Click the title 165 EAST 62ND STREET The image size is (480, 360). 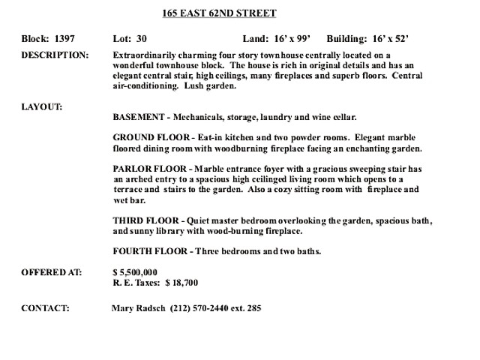[219, 13]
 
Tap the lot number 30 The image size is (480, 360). [142, 37]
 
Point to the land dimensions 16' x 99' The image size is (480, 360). [293, 37]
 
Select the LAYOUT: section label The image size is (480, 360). [42, 106]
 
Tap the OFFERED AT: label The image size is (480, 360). [52, 271]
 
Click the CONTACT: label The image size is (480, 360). [46, 308]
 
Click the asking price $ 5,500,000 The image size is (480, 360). [135, 271]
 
